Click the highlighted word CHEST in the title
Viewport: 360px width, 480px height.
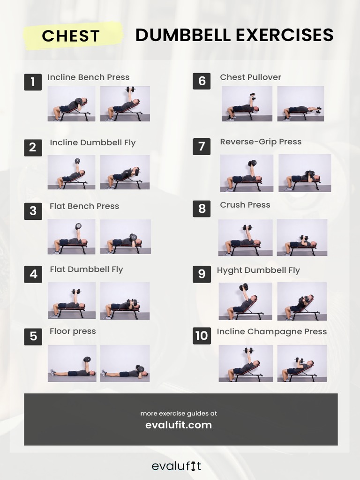(x=71, y=36)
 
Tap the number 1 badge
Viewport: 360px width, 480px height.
(x=33, y=82)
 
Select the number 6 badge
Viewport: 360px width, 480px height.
(x=202, y=81)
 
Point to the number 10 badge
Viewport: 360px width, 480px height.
(x=202, y=336)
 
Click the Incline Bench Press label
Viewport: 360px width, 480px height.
(x=88, y=77)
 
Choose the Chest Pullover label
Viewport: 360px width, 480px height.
(x=250, y=77)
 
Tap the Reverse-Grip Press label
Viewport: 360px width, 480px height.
(x=261, y=142)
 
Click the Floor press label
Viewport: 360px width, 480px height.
(x=73, y=331)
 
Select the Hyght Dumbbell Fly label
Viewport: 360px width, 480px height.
(x=258, y=270)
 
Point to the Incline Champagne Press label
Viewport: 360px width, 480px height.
(x=271, y=331)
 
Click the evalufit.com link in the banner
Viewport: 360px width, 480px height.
(x=179, y=425)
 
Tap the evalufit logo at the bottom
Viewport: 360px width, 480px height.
(x=176, y=466)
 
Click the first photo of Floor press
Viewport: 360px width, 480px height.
(x=72, y=363)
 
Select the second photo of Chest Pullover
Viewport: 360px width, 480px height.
(x=300, y=104)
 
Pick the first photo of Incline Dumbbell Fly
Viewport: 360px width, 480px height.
(x=71, y=172)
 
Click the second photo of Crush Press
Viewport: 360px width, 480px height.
(x=302, y=237)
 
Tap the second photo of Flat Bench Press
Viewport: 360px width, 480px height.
(x=125, y=237)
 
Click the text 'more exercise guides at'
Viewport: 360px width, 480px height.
(x=179, y=413)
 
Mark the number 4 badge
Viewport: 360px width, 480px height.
(x=33, y=274)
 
